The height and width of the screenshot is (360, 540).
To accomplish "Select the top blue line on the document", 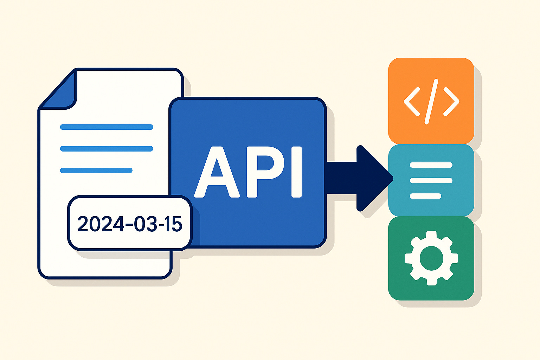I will coord(107,127).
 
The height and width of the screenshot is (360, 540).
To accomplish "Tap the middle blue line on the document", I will coord(107,149).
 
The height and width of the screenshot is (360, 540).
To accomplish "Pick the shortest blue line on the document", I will coord(96,171).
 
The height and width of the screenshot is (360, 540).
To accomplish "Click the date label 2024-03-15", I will coord(130,223).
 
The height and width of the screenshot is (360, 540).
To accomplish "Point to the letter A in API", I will coord(217,172).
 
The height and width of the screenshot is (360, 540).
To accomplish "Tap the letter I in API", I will coord(297,172).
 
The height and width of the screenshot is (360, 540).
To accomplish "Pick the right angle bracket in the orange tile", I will coord(451,101).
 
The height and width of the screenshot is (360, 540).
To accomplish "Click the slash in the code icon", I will coord(431,101).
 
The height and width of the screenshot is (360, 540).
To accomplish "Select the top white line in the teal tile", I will coord(431,165).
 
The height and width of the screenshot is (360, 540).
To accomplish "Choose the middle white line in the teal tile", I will coord(431,181).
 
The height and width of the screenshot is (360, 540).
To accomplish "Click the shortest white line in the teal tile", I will coord(425,196).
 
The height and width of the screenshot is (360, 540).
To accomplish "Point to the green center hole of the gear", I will coord(431,258).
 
